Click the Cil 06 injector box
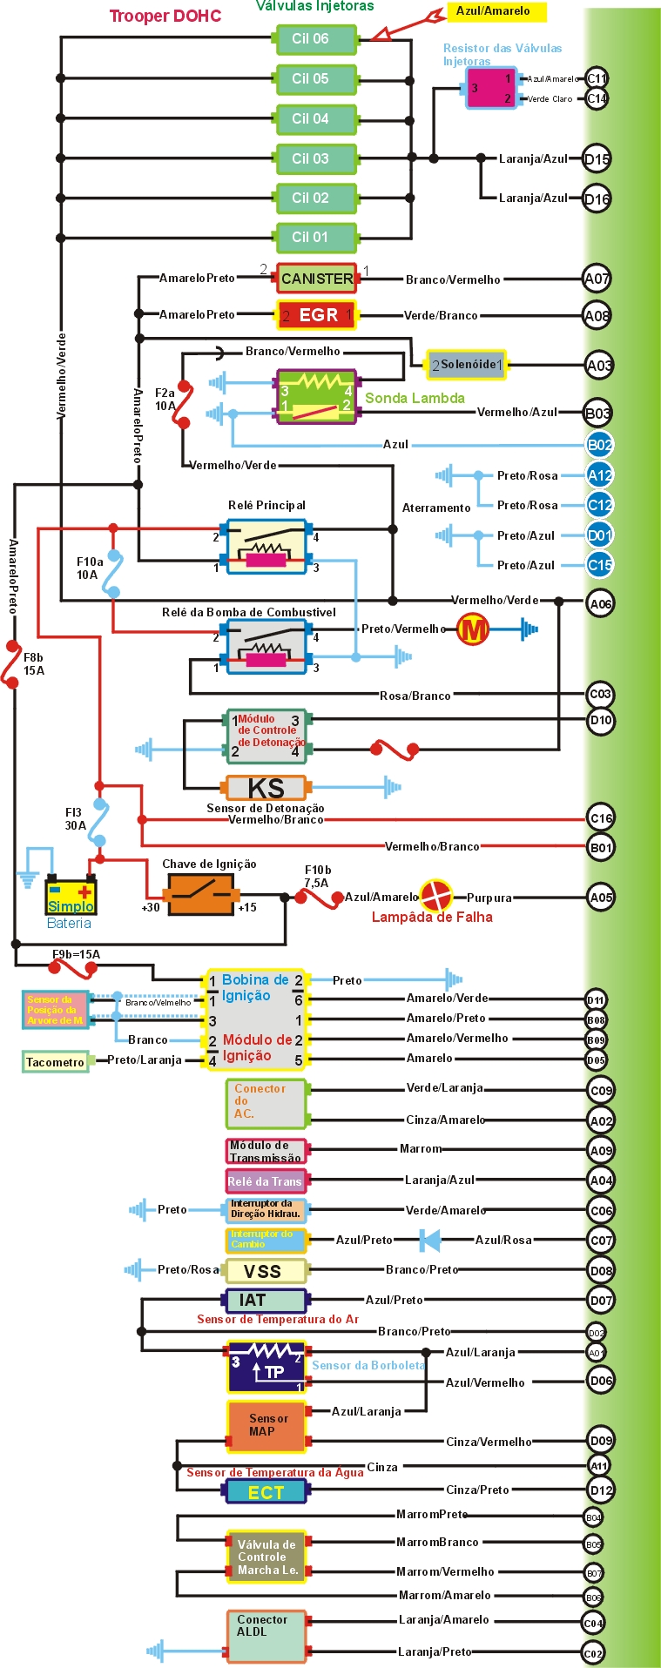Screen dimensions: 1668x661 314,39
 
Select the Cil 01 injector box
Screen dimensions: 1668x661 314,238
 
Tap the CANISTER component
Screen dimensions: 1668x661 317,279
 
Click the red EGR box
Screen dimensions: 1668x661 317,315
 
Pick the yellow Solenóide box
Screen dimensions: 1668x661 467,365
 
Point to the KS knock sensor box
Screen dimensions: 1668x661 266,788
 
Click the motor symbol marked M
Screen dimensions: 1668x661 473,629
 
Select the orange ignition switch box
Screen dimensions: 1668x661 201,894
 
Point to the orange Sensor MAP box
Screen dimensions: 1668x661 266,1426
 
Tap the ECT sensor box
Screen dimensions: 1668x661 266,1492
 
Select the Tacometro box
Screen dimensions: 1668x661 56,1062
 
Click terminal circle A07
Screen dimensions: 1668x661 597,279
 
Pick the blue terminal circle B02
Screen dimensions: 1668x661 599,445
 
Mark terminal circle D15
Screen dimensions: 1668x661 597,158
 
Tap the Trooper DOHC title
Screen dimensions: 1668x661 165,16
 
